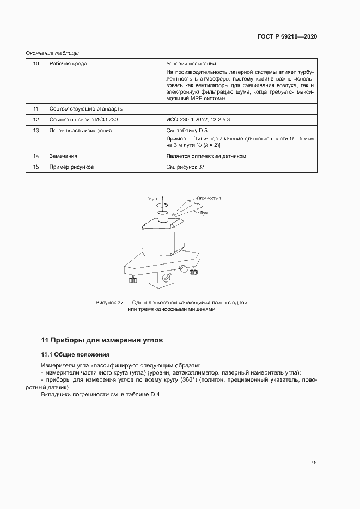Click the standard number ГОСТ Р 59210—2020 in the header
pos(287,36)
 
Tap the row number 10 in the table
pos(36,64)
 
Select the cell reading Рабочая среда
pos(68,64)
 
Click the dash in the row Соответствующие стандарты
pos(240,108)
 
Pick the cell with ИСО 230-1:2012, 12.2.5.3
pos(200,120)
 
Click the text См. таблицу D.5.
pos(187,131)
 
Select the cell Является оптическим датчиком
pos(206,156)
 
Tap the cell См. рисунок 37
pos(185,167)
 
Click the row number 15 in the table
pos(36,167)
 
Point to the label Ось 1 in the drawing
pos(151,199)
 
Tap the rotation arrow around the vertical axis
pos(160,206)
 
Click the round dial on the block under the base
pos(167,278)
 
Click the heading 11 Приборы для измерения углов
pos(102,340)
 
